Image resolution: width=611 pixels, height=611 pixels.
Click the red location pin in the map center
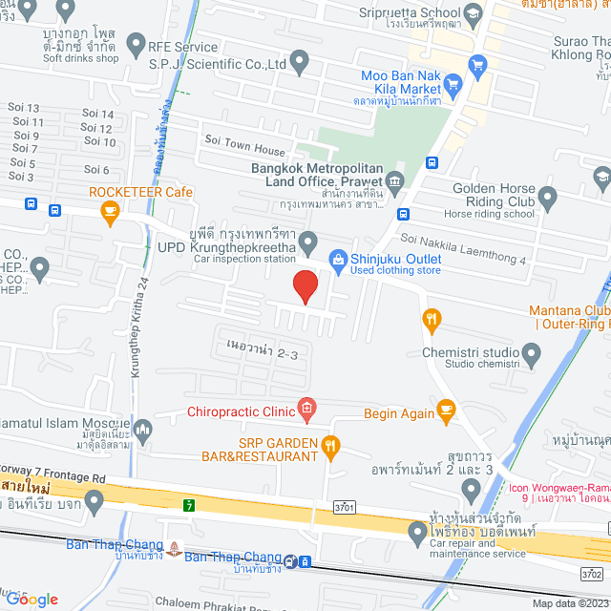coord(305,286)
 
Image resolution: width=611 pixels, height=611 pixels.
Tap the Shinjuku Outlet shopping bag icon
coord(337,259)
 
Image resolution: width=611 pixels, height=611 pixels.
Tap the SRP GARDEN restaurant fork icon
coord(330,444)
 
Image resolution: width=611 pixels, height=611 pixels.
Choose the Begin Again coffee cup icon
coord(446,411)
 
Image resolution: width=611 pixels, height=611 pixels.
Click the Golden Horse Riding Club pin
coord(547,199)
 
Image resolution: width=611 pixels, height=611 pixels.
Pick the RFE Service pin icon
coord(136,44)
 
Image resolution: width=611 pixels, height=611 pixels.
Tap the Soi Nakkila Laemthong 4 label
coord(464,248)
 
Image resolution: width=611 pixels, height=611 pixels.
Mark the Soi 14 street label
coord(97,115)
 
